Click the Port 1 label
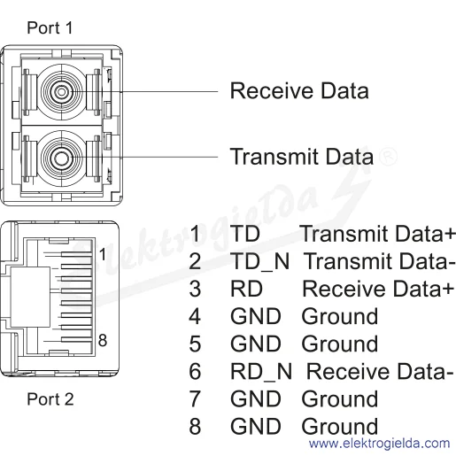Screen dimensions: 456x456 [x=50, y=28]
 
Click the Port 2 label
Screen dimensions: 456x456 [x=50, y=399]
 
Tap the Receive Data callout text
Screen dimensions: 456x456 [x=299, y=91]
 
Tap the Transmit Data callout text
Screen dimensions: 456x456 [x=302, y=157]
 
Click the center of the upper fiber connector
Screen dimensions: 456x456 [x=61, y=92]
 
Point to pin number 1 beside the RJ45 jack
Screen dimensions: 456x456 [x=102, y=254]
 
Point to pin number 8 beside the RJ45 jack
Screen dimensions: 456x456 [x=103, y=340]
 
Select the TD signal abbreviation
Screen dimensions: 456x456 [x=245, y=234]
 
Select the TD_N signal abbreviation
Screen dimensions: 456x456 [x=260, y=262]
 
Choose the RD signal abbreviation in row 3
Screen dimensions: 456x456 [x=246, y=289]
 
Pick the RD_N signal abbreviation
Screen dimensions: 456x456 [x=261, y=372]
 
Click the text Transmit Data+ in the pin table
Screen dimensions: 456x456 [x=377, y=234]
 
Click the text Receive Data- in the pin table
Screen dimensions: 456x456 [x=380, y=371]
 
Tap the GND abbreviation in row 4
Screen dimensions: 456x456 [x=256, y=316]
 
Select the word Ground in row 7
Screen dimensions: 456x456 [x=340, y=399]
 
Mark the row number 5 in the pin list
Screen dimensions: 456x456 [x=195, y=344]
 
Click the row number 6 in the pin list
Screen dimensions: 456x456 [x=195, y=371]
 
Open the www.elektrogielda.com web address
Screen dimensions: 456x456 [x=379, y=444]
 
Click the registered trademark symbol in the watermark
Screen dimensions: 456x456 [x=388, y=156]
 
